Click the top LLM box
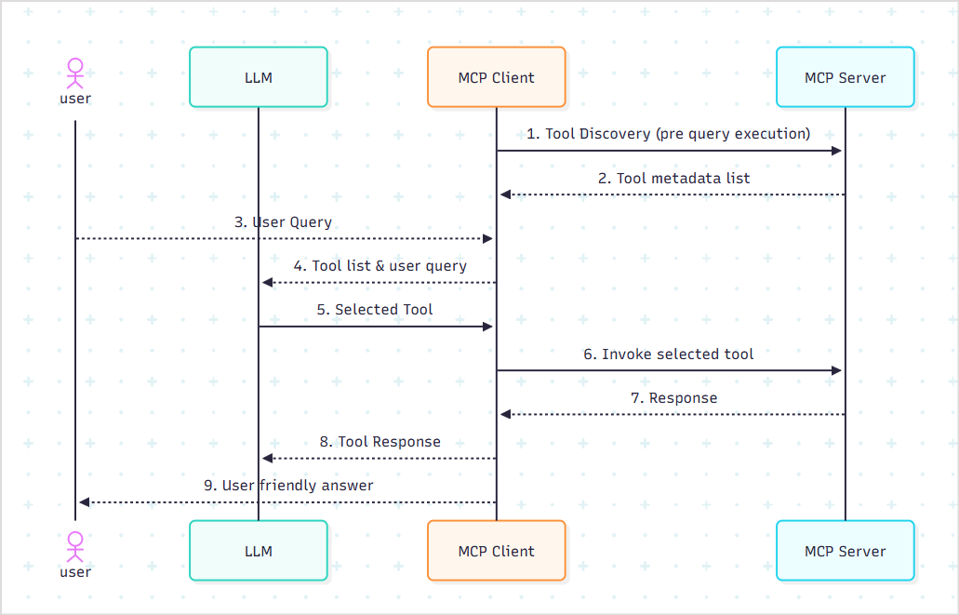[259, 77]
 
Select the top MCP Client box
[497, 77]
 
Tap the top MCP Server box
[846, 77]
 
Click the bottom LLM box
[259, 551]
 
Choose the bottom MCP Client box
[497, 551]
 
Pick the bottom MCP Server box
[846, 551]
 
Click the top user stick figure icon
[75, 73]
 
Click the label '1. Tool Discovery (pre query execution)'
[669, 133]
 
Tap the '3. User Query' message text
[283, 222]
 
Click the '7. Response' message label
[673, 397]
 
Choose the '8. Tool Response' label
[380, 441]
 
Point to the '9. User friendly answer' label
[288, 485]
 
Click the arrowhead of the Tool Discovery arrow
[836, 151]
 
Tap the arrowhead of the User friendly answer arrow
[85, 502]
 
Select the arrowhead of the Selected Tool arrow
[486, 327]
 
